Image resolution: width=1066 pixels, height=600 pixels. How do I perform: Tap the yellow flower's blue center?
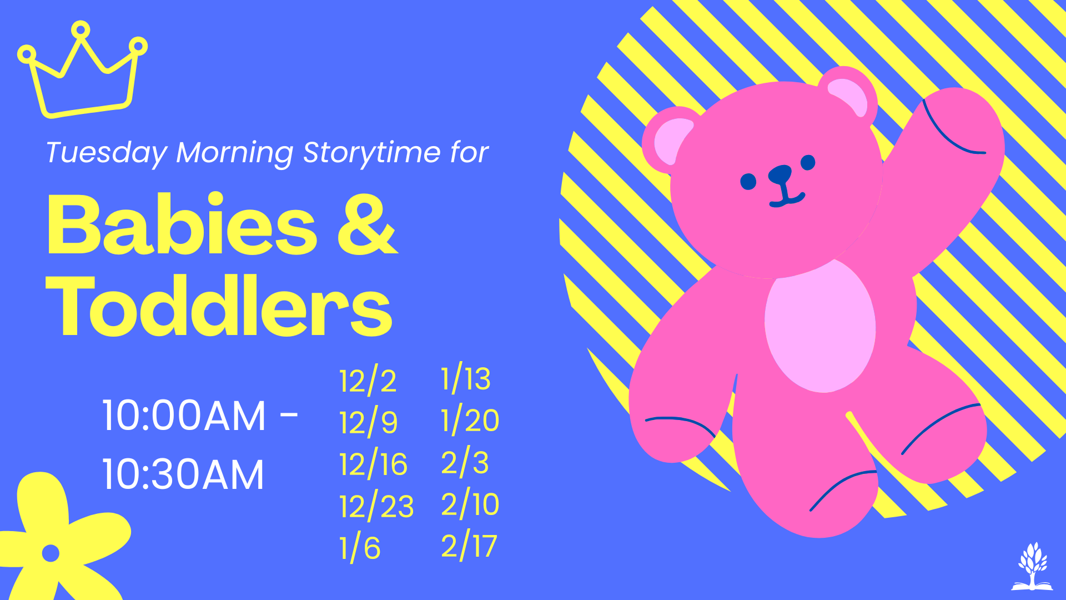51,553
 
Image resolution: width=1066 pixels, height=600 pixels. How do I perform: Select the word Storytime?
372,153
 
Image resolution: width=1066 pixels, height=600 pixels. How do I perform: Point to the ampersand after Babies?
368,225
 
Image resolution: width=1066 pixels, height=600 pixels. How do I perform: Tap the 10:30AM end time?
183,475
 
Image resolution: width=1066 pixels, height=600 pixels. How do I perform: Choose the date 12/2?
368,381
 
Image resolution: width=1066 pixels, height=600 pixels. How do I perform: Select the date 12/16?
373,464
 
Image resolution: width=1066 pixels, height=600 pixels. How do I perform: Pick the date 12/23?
376,506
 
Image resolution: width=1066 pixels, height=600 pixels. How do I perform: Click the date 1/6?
360,547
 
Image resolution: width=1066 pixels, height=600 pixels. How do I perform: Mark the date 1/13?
466,379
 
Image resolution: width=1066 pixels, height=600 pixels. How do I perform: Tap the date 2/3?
465,462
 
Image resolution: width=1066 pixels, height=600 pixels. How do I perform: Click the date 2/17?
469,546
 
